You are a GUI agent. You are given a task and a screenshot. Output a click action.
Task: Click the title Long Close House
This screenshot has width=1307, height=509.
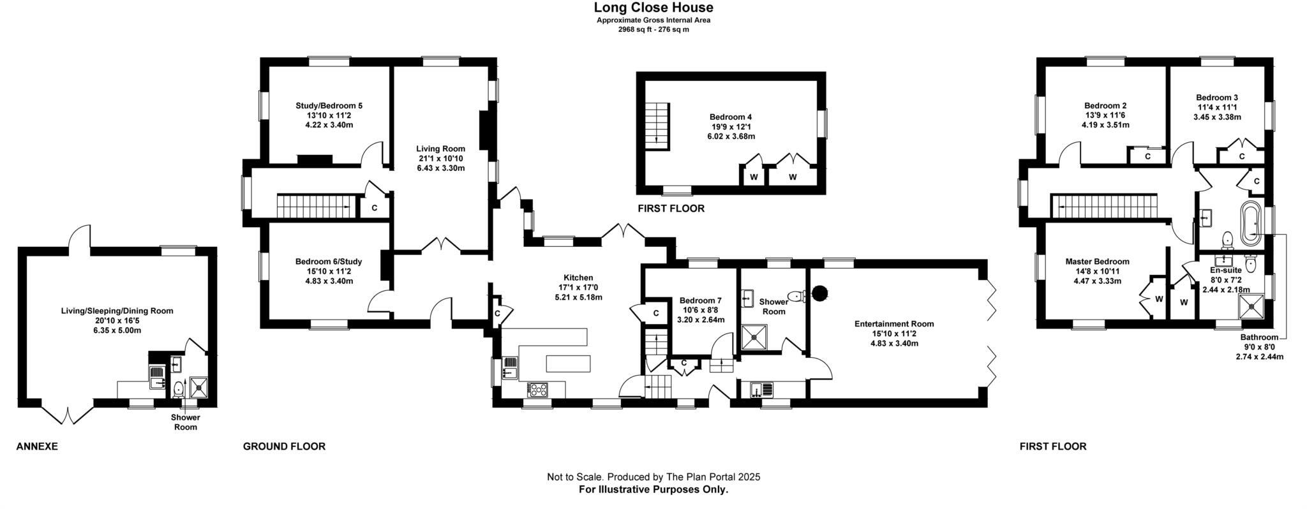653,8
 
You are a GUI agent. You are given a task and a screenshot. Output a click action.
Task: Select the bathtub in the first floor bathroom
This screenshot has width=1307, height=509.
1249,225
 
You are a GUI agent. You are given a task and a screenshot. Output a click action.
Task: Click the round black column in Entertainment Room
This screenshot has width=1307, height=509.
819,293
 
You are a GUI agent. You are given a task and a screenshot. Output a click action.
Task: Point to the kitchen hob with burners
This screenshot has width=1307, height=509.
537,388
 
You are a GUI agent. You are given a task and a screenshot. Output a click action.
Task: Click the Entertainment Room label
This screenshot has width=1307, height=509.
894,324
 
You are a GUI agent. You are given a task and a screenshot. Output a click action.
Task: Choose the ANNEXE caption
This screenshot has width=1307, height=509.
37,446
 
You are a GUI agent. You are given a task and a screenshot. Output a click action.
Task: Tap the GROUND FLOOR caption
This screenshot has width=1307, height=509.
284,446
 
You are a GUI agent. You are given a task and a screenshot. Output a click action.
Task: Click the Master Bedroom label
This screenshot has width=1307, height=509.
1097,262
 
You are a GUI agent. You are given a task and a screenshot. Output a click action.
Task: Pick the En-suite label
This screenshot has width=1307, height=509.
1226,270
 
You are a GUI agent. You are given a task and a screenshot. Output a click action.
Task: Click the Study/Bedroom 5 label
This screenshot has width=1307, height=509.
329,106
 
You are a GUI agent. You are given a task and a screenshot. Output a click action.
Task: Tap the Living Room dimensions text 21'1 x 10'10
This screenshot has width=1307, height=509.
440,159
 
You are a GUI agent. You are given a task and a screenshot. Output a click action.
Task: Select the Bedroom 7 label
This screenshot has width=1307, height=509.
700,300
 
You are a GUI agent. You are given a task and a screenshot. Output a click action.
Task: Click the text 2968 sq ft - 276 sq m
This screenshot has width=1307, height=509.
653,29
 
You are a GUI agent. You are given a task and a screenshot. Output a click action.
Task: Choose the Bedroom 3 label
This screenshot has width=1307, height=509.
1217,98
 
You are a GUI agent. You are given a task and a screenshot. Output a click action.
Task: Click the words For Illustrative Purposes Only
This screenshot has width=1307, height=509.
653,490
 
